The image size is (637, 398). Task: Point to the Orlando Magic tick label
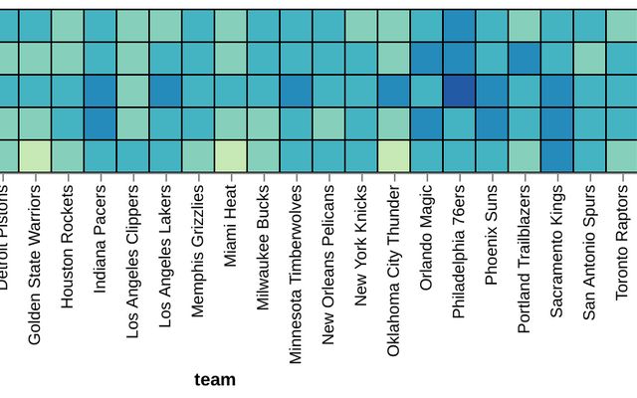[x=427, y=236]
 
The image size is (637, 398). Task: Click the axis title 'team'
[x=215, y=379]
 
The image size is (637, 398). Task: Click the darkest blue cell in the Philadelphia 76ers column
[x=459, y=91]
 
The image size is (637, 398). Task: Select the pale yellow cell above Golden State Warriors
[x=36, y=156]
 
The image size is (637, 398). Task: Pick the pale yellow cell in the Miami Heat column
[x=231, y=156]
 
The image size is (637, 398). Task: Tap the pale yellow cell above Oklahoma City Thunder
[x=394, y=156]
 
